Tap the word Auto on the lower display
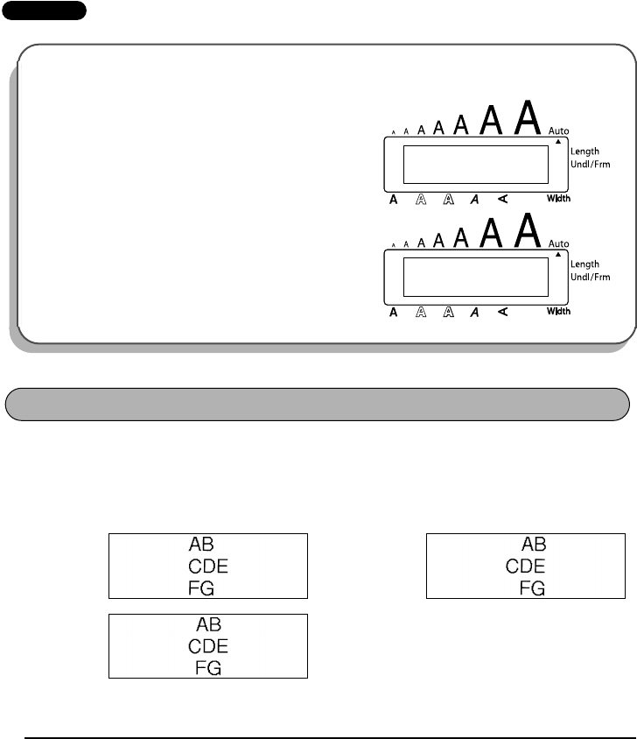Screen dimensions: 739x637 pos(558,243)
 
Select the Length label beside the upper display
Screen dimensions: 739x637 pos(585,151)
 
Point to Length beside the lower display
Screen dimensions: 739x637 pos(585,264)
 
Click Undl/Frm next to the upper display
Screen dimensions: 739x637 pos(591,165)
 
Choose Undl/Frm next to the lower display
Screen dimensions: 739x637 pos(591,277)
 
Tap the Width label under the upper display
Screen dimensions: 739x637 pos(558,199)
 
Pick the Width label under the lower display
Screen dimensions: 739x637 pos(558,312)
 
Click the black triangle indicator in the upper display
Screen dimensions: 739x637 pos(557,141)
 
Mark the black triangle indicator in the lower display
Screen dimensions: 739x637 pos(557,254)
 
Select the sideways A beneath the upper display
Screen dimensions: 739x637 pos(502,199)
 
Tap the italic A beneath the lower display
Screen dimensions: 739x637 pos(474,312)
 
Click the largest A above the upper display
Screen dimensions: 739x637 pos(525,117)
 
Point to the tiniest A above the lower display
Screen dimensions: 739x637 pos(393,245)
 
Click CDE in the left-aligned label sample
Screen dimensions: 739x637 pos(208,567)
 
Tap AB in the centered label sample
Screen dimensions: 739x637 pos(208,625)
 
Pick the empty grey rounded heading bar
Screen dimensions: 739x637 pos(318,405)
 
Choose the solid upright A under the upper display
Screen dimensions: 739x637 pos(394,200)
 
